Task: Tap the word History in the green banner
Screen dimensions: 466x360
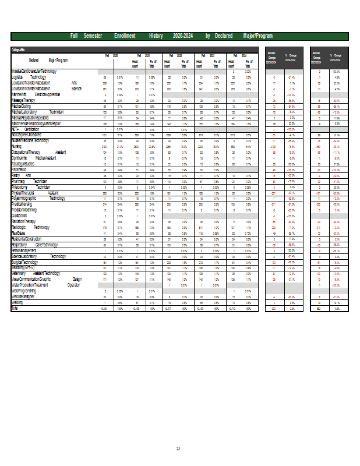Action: pos(156,36)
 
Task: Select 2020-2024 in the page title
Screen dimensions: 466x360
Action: pos(183,36)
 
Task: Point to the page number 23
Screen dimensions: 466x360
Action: pos(179,449)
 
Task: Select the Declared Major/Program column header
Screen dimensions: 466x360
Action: pos(48,60)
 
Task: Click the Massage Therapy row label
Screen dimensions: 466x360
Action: pos(25,100)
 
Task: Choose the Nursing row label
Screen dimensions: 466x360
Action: pos(17,146)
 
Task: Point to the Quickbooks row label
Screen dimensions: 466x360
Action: pos(21,216)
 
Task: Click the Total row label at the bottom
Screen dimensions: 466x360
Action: pos(15,308)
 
